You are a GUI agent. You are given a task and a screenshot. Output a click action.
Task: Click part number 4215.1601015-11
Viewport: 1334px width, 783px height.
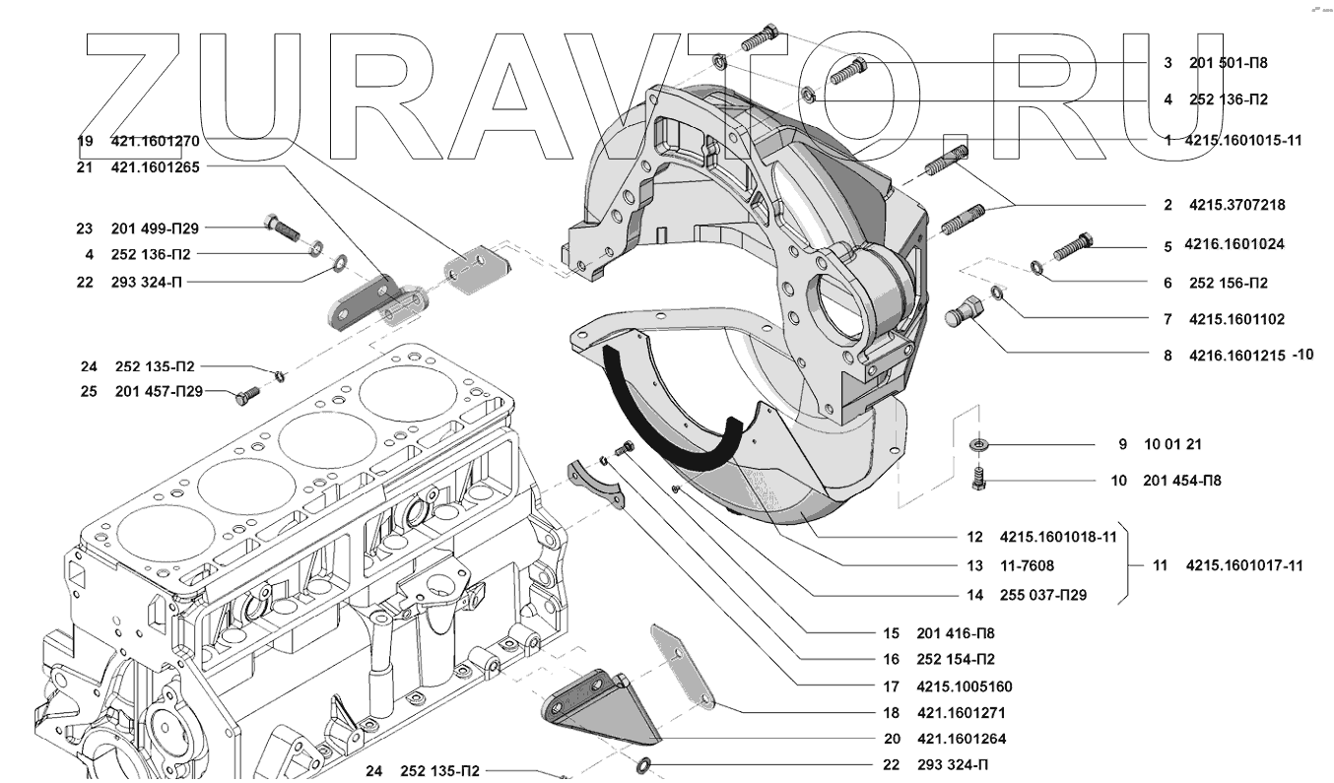1242,141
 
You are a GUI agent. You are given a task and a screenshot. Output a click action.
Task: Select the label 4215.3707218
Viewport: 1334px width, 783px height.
1236,206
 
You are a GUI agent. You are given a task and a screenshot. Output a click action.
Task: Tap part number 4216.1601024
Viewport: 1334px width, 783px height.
1236,244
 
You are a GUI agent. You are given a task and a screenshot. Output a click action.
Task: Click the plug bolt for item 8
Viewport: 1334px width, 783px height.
962,314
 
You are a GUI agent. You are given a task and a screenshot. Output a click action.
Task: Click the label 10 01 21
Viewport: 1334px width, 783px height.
1172,445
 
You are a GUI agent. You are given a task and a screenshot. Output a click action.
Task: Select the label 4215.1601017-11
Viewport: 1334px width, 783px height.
1243,566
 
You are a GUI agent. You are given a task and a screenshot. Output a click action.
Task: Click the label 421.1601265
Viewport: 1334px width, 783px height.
155,167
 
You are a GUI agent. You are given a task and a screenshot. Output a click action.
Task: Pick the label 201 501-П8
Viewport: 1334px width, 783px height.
1228,63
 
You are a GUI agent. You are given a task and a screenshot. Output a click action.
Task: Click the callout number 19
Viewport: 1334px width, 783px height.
85,141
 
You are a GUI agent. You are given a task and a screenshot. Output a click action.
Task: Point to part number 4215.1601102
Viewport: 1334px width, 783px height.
1236,320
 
